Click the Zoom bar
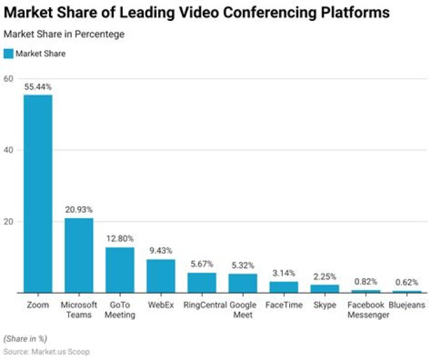[38, 193]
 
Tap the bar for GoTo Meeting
[120, 270]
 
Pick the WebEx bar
[160, 276]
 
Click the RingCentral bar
[202, 283]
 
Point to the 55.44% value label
[38, 87]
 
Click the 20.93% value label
[78, 209]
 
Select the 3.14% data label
[284, 273]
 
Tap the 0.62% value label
[406, 281]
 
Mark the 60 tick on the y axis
[8, 78]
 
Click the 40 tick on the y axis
[8, 150]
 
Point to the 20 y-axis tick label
[8, 221]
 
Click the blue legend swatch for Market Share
[8, 54]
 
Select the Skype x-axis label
[324, 305]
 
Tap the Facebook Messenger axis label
[366, 310]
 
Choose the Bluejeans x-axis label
[406, 305]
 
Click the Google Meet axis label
[243, 310]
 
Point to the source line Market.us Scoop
[47, 352]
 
